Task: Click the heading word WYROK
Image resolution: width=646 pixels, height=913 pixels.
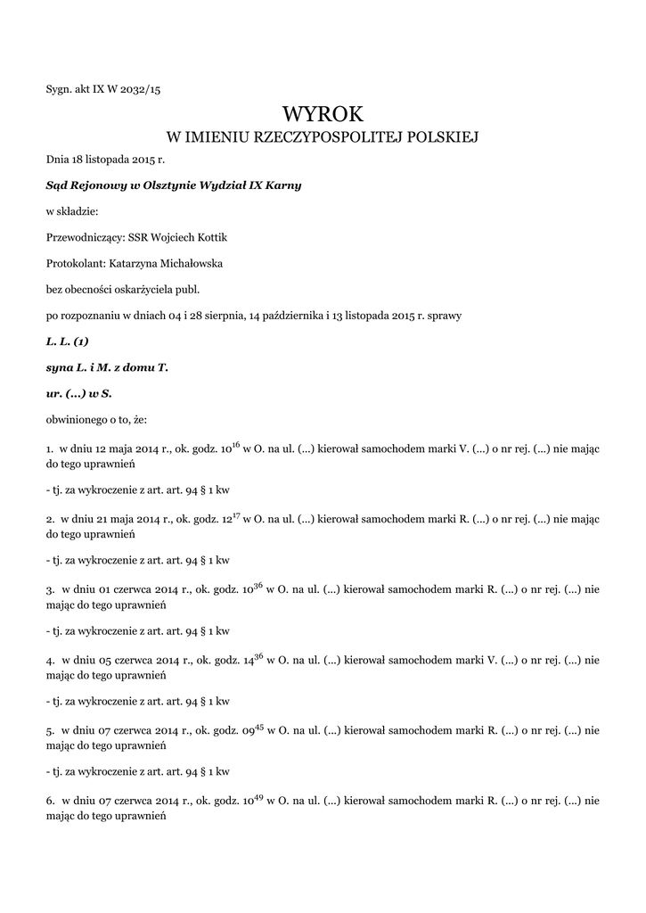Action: tap(323, 113)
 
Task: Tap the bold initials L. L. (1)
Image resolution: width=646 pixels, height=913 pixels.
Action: tap(67, 341)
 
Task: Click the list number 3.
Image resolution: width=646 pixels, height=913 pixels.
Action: tap(49, 589)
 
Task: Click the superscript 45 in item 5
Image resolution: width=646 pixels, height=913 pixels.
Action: tap(259, 726)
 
